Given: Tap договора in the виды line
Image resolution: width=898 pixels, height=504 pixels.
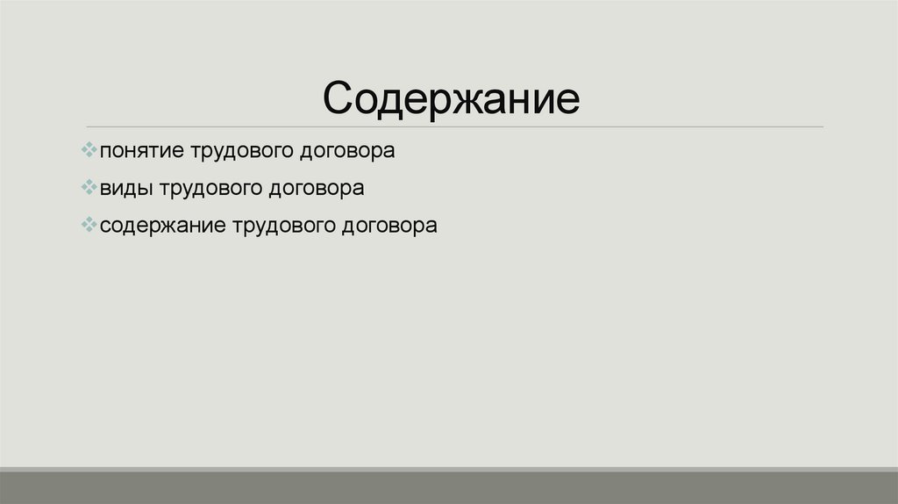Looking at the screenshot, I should pyautogui.click(x=316, y=189).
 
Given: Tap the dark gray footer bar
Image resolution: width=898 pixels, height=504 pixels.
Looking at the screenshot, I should pyautogui.click(x=449, y=487).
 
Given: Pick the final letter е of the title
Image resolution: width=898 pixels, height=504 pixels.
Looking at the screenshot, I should pyautogui.click(x=567, y=99).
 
